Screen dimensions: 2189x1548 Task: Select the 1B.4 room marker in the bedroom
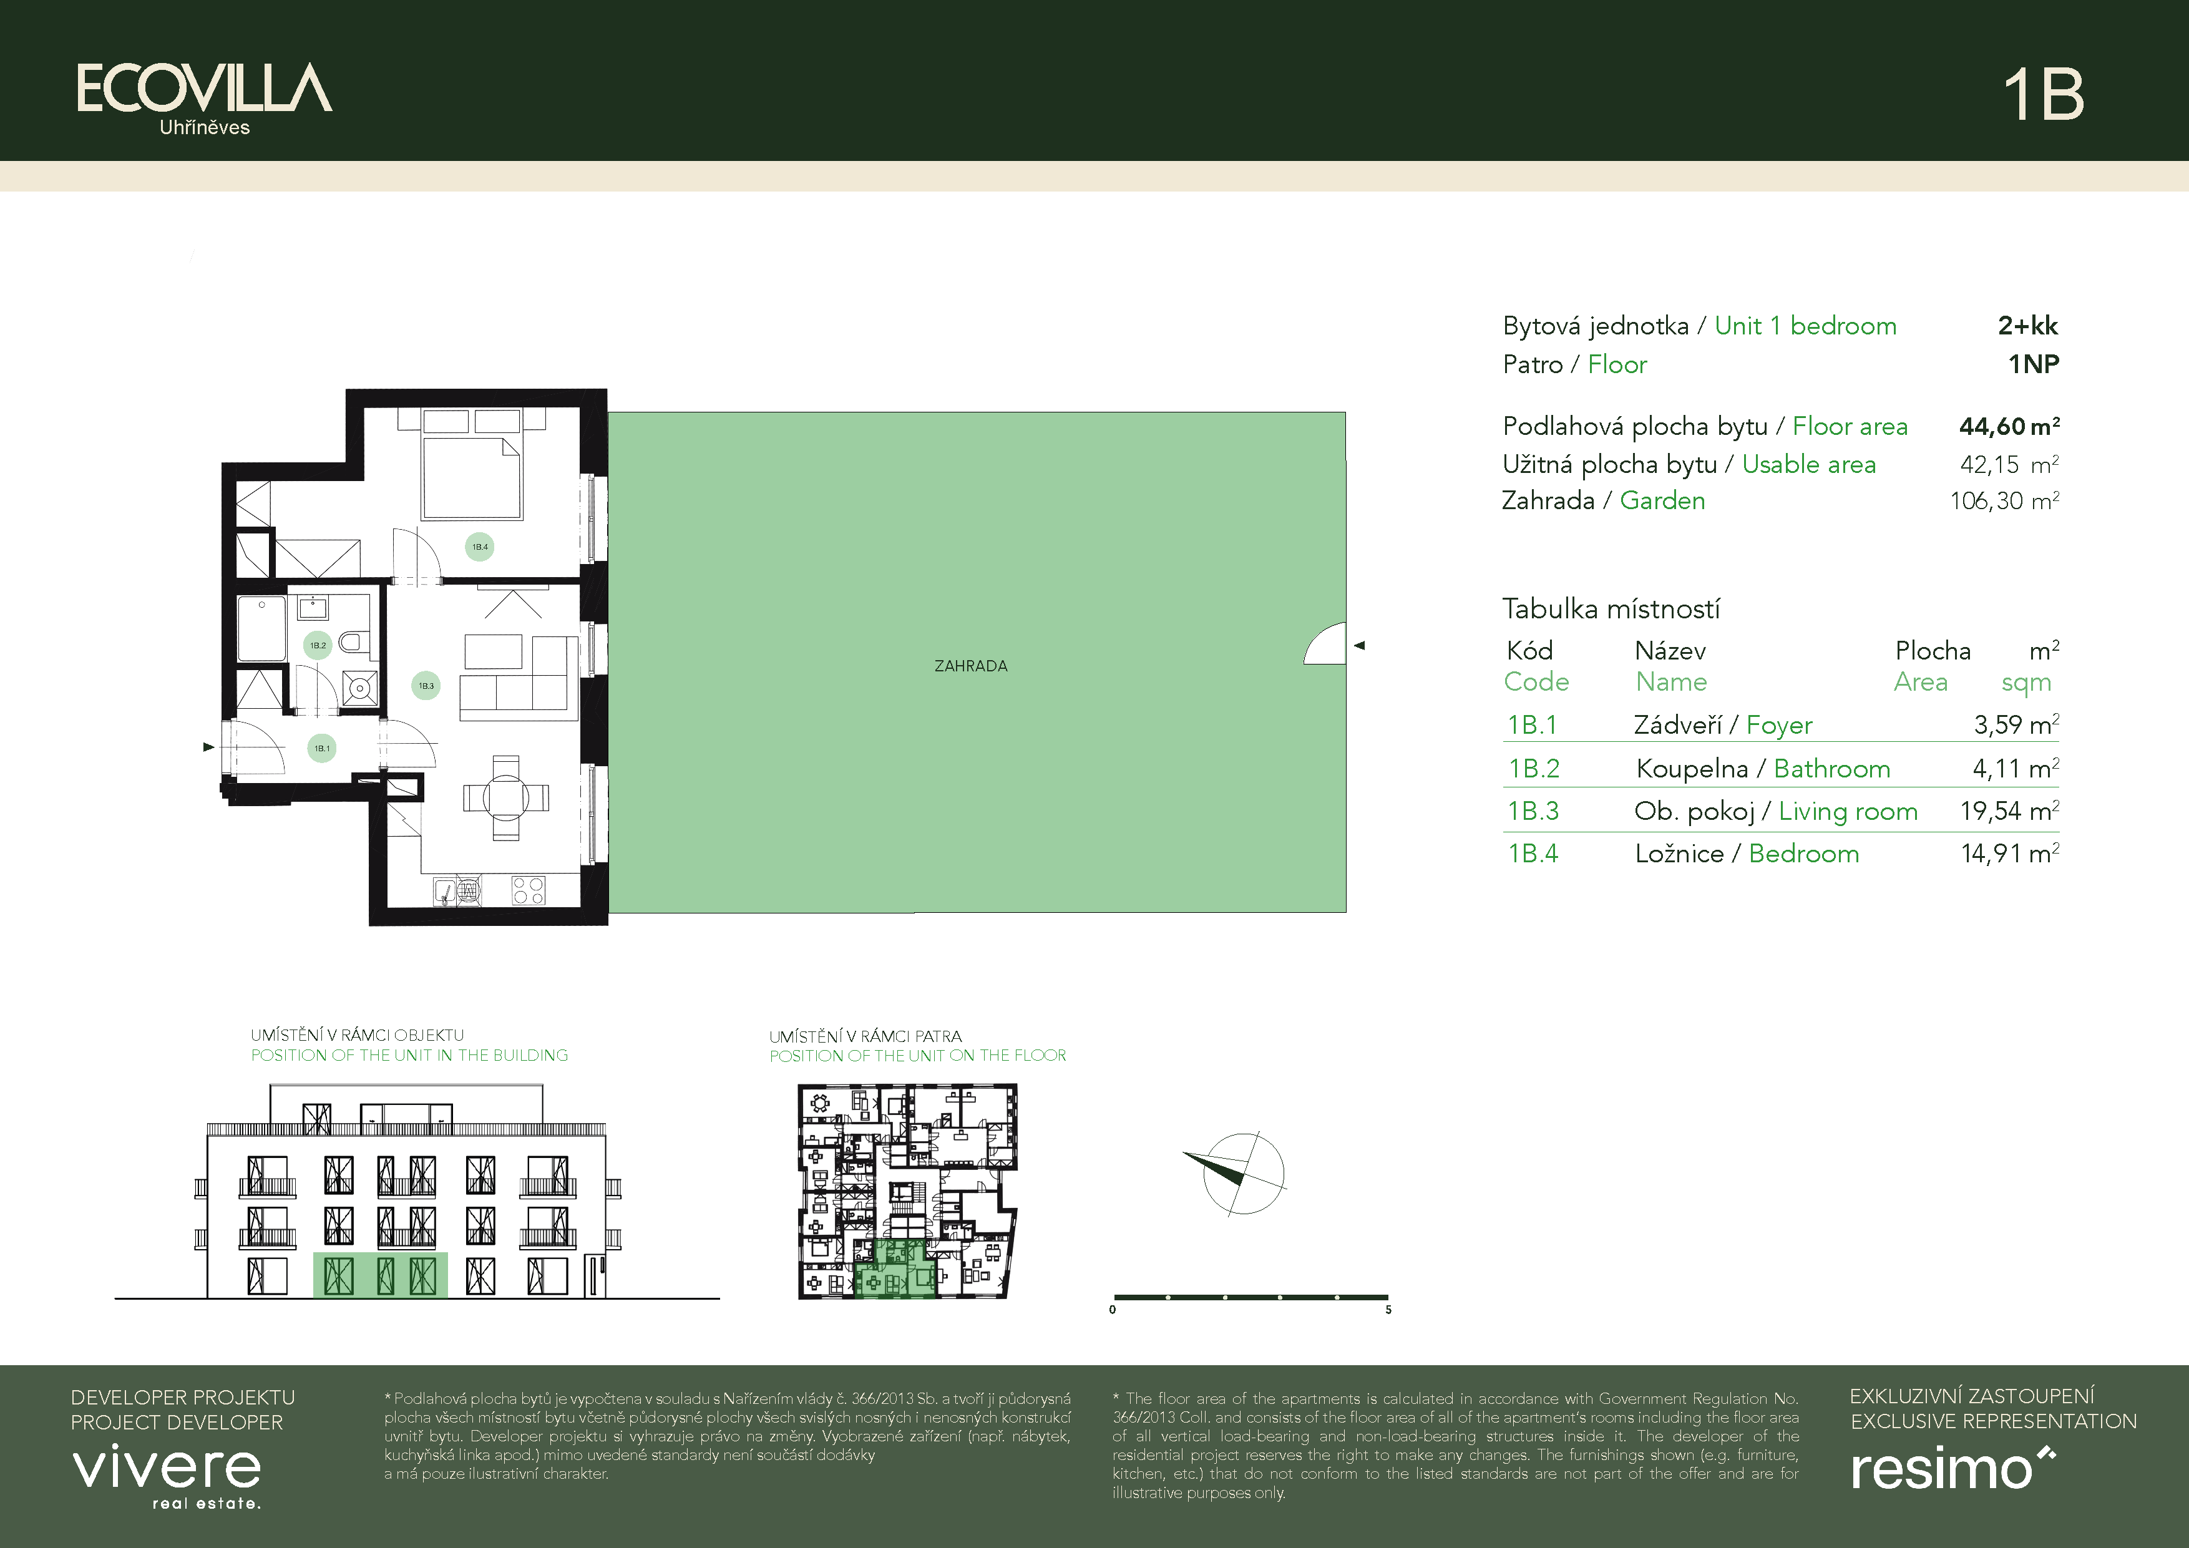click(x=480, y=547)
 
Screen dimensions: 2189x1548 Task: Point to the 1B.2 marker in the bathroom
click(x=318, y=645)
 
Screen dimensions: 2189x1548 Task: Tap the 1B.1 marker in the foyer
click(x=321, y=748)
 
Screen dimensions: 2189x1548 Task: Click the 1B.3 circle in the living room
click(x=426, y=685)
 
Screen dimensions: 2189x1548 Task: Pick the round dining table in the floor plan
click(x=505, y=797)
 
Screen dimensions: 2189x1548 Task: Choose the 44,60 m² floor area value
click(x=2009, y=426)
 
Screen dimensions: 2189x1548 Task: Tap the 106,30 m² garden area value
click(x=2004, y=500)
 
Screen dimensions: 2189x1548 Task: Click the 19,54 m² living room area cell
click(x=2009, y=811)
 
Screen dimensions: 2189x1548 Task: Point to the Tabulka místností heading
click(x=1611, y=608)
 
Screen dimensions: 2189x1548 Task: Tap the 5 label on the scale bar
click(x=1388, y=1310)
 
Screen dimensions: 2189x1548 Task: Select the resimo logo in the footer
click(x=1953, y=1468)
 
